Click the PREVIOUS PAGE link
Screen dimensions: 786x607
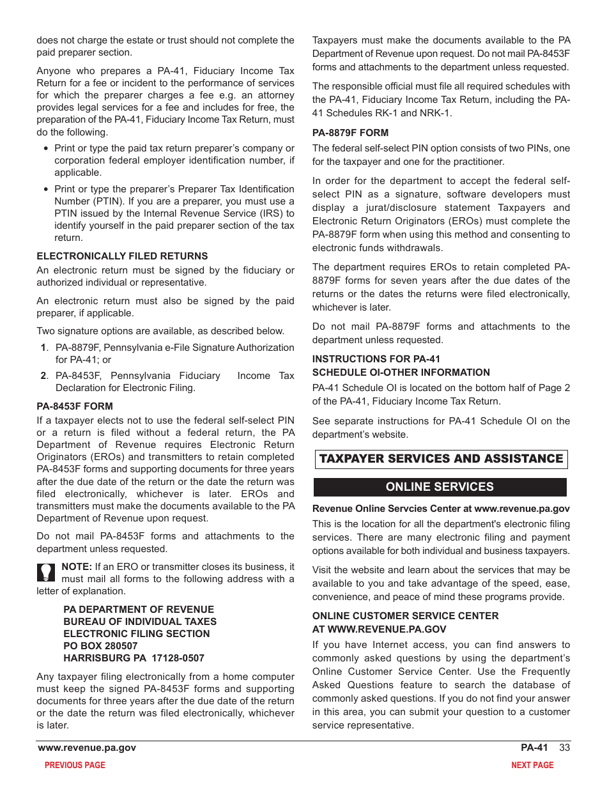[x=75, y=765]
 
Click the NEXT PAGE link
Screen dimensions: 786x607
[x=532, y=765]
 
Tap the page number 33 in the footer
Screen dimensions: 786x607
[x=564, y=748]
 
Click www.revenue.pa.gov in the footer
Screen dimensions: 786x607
[x=87, y=748]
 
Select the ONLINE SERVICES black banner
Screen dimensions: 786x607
[x=440, y=487]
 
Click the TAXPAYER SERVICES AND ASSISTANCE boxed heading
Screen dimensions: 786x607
[x=441, y=459]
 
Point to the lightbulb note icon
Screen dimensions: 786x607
[x=47, y=571]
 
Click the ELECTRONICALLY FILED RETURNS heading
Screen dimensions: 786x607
[x=122, y=256]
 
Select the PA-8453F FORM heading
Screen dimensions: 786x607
[x=75, y=406]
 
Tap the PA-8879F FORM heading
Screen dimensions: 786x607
[x=350, y=133]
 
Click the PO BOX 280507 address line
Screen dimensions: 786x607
[x=100, y=646]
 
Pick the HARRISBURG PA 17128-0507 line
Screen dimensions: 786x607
[x=134, y=658]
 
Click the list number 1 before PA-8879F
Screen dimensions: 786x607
[x=43, y=348]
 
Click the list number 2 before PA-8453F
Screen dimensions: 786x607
[x=43, y=376]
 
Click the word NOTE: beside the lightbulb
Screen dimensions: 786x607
[x=77, y=567]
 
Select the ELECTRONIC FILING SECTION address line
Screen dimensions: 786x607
[x=136, y=634]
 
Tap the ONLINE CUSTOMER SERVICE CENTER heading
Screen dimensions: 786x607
[x=405, y=616]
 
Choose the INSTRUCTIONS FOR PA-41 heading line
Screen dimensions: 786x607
[x=376, y=359]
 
